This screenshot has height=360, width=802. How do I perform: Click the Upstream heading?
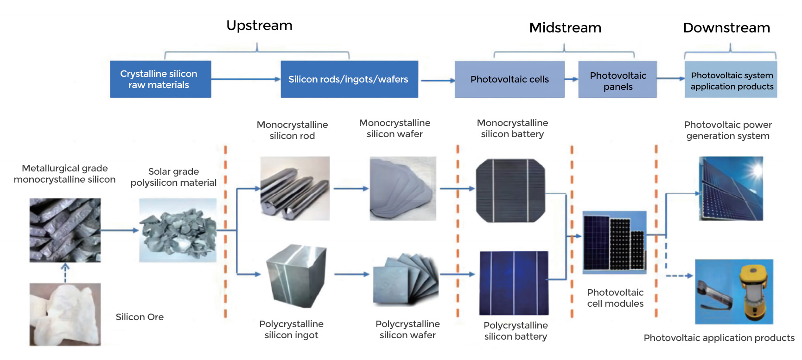point(259,25)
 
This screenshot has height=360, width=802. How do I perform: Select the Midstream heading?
point(565,28)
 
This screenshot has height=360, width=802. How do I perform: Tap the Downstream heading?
point(726,28)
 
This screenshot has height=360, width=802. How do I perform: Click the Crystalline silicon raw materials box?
point(160,79)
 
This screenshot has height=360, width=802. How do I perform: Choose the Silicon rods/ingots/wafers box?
point(349,79)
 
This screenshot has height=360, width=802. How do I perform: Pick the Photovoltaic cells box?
point(509,79)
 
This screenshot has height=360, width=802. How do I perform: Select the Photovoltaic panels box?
point(617,79)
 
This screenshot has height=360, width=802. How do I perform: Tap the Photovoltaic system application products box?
point(731,79)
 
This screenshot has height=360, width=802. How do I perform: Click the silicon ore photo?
point(65,314)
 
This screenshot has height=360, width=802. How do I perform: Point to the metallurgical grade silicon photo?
point(65,230)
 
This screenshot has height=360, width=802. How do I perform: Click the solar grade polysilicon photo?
point(178,230)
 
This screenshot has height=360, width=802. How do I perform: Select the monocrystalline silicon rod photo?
point(295,188)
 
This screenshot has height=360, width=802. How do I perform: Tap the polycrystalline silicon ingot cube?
point(296,276)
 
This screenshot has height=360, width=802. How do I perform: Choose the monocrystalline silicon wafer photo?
point(403,188)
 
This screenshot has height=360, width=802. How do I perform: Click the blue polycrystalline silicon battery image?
point(514,283)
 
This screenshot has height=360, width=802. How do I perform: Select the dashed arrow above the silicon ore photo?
point(65,273)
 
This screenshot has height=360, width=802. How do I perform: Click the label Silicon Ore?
point(140,317)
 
